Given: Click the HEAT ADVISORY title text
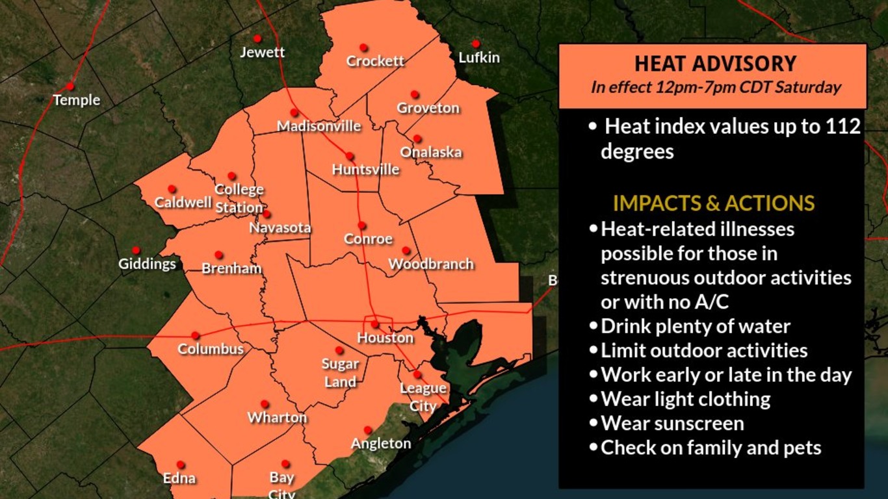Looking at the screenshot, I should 715,64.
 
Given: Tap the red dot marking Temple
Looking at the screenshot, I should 70,86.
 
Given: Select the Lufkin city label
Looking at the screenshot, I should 479,58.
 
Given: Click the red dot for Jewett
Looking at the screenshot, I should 257,38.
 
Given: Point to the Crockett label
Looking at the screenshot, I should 375,61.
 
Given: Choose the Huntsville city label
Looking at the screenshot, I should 365,170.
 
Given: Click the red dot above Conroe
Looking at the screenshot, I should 361,225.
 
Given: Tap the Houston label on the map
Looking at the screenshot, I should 385,338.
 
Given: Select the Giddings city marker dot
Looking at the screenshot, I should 136,250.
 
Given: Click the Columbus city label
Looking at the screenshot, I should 211,350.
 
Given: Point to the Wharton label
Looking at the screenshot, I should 277,418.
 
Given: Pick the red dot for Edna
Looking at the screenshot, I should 181,465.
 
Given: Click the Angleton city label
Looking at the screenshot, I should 381,444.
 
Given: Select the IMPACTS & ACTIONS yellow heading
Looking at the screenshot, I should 713,203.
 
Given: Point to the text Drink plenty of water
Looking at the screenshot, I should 695,326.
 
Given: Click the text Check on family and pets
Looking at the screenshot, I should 711,448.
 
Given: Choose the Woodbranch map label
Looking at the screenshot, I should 431,264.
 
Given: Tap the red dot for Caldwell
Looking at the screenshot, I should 172,188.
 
